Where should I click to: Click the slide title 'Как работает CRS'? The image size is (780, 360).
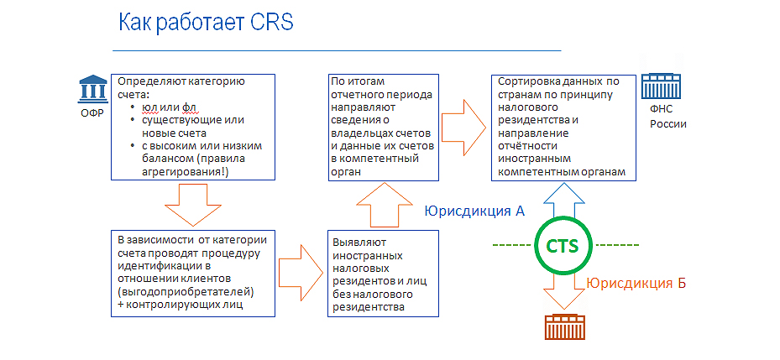205,22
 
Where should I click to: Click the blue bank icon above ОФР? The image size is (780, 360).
92,88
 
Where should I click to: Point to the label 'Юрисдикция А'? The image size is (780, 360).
474,211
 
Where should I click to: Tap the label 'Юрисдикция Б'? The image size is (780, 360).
636,283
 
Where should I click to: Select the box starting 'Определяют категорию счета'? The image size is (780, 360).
192,126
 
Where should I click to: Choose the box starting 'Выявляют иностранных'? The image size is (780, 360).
383,273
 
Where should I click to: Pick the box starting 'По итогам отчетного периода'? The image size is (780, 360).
383,126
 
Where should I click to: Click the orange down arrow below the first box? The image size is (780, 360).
192,204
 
